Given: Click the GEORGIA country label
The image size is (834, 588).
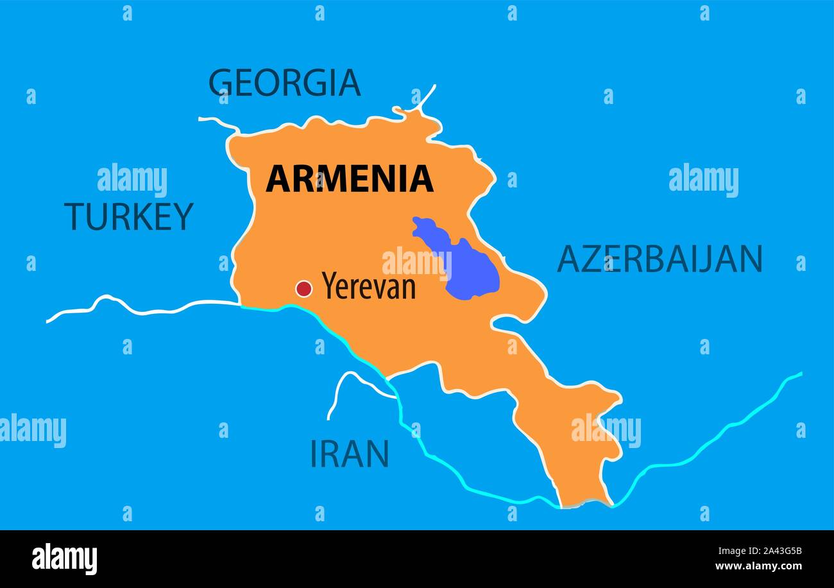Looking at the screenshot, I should click(x=284, y=83).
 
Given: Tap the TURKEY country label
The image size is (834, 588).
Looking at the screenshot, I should click(x=128, y=216).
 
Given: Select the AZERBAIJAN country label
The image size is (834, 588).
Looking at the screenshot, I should click(x=660, y=259).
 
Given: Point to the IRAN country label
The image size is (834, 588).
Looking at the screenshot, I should click(x=350, y=454).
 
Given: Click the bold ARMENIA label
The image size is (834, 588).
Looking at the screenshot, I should click(x=350, y=179).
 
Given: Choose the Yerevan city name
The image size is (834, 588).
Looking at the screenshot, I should click(x=368, y=286).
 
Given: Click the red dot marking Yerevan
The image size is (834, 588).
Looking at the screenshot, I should click(x=303, y=289).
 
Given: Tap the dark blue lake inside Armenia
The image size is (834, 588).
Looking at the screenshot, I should click(x=472, y=270).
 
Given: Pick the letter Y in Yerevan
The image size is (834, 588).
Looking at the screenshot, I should click(x=329, y=286).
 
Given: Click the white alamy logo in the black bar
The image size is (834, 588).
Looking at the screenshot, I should click(x=64, y=558).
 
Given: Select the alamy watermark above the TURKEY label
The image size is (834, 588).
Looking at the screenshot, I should click(x=132, y=180).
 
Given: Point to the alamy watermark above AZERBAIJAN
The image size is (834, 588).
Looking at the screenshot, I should click(x=703, y=180).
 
